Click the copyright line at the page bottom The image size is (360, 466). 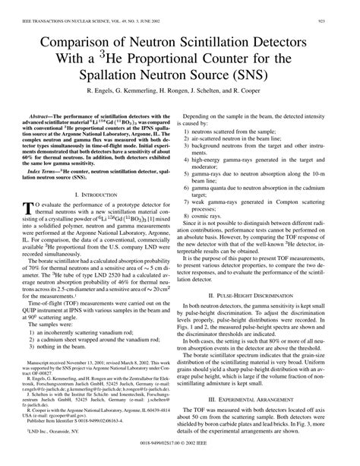point(180,460)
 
